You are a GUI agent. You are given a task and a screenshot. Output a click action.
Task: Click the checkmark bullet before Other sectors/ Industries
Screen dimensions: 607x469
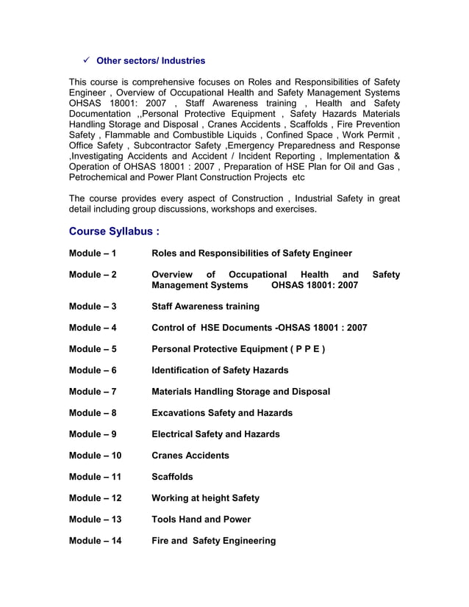click(x=86, y=60)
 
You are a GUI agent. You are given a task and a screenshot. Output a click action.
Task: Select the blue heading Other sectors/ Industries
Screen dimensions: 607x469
click(x=151, y=60)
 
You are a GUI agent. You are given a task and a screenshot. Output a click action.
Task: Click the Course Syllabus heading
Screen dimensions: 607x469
click(x=114, y=231)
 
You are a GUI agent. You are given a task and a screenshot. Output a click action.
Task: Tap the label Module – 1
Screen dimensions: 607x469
click(x=93, y=254)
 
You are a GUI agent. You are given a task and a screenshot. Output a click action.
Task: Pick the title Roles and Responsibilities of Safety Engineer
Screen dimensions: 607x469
click(x=251, y=254)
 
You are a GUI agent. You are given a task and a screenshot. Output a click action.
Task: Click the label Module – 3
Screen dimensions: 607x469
click(x=93, y=306)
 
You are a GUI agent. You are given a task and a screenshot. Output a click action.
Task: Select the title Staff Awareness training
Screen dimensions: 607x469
click(x=205, y=306)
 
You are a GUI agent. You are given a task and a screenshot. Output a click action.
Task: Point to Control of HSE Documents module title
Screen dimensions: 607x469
click(x=259, y=328)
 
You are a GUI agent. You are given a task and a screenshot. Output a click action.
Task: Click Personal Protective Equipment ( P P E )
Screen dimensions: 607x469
click(x=238, y=349)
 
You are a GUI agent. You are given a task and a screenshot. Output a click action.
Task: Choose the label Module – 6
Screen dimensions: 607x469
click(x=93, y=370)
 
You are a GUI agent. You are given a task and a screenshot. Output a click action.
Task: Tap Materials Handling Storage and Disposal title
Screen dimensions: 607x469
click(x=240, y=392)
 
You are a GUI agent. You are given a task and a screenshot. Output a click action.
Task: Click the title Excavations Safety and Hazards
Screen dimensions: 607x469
click(x=221, y=413)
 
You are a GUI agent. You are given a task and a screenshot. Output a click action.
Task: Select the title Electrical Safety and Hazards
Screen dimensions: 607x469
click(x=215, y=434)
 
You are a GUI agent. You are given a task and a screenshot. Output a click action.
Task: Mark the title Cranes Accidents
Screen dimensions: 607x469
click(x=190, y=456)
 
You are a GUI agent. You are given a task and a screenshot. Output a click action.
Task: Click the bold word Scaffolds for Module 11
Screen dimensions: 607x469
click(x=172, y=477)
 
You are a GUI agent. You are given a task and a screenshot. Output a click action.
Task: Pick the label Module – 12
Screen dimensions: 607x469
click(x=95, y=498)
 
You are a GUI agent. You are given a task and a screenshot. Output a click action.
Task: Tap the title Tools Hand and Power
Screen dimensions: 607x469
click(x=201, y=520)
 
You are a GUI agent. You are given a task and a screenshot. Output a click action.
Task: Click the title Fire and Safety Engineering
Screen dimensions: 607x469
click(x=213, y=541)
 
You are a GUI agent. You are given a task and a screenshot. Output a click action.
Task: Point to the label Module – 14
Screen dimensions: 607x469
click(x=95, y=541)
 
